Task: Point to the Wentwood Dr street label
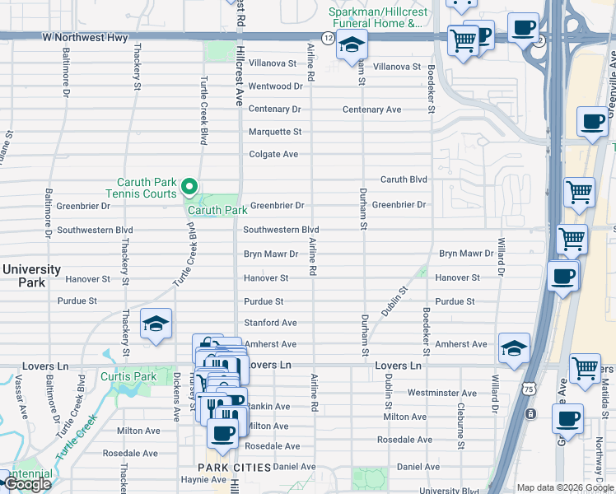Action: (x=276, y=86)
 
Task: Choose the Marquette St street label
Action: (x=276, y=132)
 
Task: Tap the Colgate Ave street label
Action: (x=274, y=154)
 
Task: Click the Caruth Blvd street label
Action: (x=404, y=179)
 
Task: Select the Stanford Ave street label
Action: (x=270, y=323)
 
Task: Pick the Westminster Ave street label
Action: (x=441, y=394)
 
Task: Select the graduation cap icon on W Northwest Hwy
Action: (x=351, y=46)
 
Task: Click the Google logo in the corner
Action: (x=27, y=484)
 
